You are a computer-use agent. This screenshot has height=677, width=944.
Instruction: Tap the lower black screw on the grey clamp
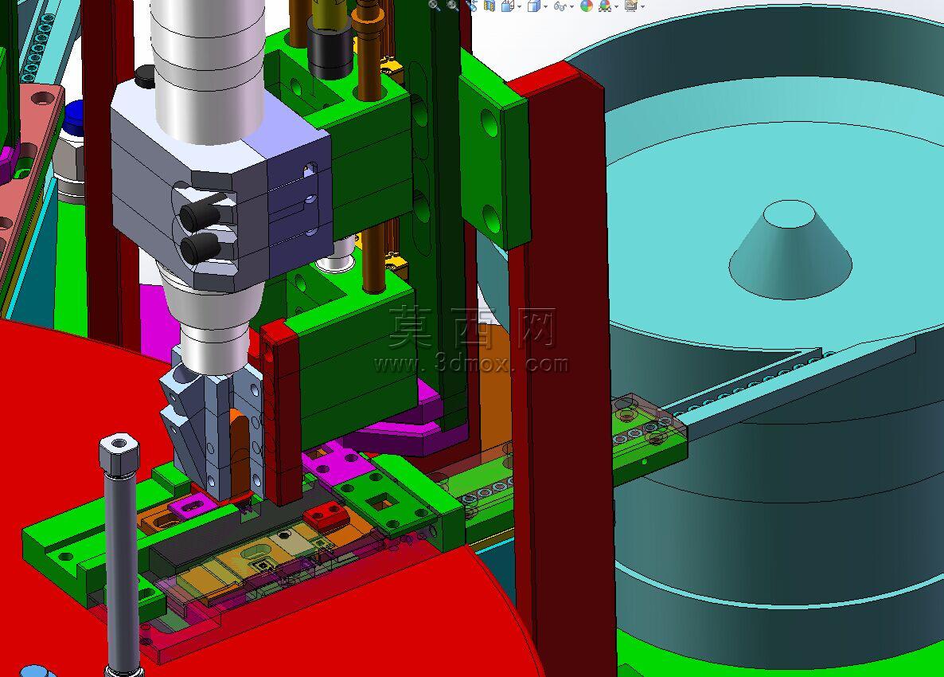click(x=199, y=247)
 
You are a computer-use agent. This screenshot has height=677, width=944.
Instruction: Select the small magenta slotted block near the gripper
click(x=192, y=507)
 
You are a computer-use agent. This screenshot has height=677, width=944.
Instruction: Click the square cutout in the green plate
click(x=382, y=500)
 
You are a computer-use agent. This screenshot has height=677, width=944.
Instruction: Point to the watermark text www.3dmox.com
click(x=470, y=364)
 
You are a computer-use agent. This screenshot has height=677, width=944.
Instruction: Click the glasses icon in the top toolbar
click(x=560, y=6)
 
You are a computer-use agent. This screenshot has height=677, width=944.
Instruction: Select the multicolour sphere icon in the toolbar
click(x=587, y=6)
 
